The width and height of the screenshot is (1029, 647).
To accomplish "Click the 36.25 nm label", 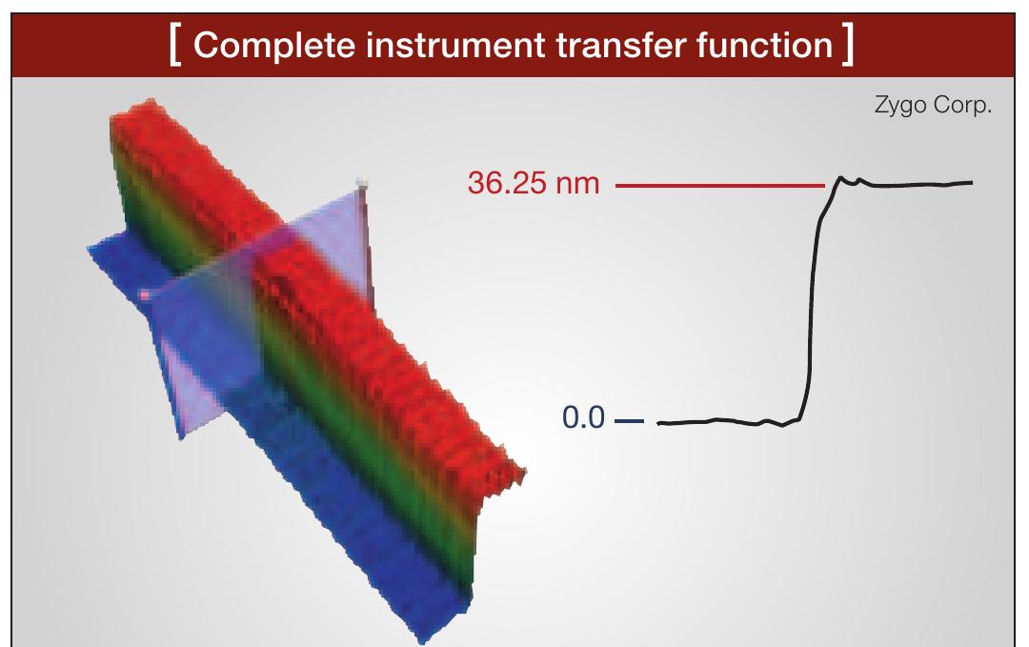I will click(535, 183).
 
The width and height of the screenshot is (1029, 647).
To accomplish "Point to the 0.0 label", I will click(584, 419).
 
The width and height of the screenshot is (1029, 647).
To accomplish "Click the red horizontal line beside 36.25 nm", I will click(720, 184).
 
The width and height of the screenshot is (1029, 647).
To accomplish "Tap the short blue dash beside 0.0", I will click(630, 420).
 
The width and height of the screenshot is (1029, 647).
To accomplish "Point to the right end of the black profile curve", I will click(972, 182).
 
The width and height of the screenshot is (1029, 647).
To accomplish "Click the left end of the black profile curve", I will click(659, 423).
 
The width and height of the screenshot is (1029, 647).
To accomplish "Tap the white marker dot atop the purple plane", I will click(360, 180).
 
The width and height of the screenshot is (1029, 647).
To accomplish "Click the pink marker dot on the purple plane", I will click(144, 296).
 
